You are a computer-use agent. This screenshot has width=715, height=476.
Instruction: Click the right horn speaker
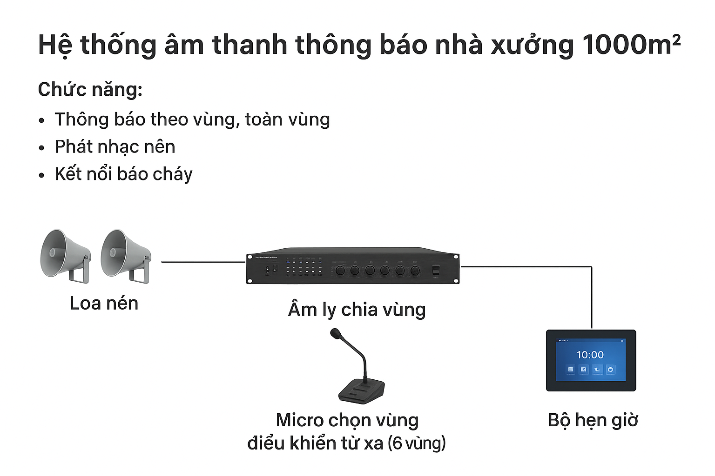[125, 255]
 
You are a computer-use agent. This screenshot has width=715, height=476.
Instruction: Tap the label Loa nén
[104, 304]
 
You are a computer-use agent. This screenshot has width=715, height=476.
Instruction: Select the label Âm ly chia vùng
[357, 310]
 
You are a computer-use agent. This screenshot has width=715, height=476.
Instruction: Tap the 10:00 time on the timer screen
[590, 355]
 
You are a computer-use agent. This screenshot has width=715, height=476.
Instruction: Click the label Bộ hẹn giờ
[593, 420]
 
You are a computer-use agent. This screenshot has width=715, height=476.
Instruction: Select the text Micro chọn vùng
[347, 420]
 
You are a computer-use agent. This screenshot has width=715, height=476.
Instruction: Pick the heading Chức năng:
[90, 89]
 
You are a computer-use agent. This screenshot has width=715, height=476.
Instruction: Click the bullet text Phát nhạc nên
[115, 147]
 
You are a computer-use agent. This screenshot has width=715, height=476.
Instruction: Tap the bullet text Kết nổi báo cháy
[123, 174]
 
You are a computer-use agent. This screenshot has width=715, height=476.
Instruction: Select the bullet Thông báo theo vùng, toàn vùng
[192, 120]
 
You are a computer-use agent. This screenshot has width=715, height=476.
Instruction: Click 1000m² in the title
[631, 45]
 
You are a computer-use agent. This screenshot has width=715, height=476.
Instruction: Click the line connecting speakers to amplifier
[203, 262]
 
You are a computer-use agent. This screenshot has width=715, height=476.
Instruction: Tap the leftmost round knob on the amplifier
[340, 270]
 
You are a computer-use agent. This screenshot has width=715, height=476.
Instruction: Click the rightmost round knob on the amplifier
[414, 270]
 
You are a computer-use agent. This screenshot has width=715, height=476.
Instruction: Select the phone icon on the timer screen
[597, 370]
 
